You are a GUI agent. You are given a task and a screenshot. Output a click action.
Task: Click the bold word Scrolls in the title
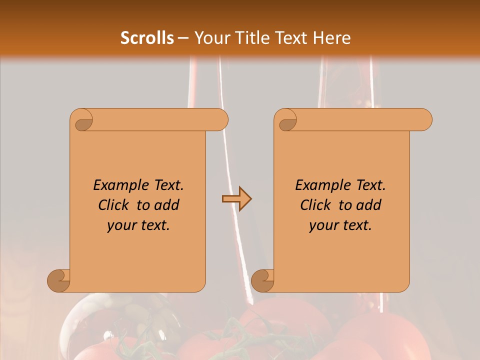point(147,37)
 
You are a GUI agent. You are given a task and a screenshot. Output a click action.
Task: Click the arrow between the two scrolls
point(236,199)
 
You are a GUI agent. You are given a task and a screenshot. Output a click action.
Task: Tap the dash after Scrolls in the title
point(183,38)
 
